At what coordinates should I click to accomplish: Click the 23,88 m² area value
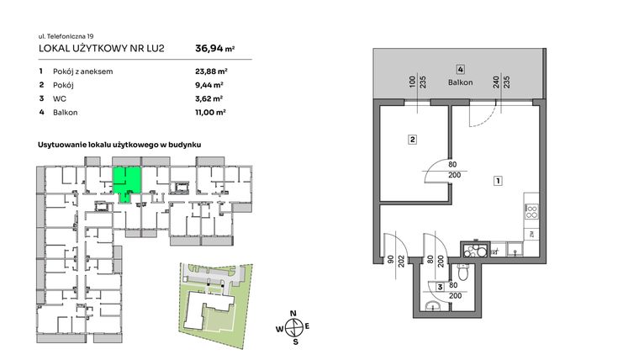[209, 71]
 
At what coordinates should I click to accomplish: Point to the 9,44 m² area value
[208, 85]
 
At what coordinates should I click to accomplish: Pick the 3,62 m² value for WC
[208, 98]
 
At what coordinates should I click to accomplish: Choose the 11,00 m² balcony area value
[209, 111]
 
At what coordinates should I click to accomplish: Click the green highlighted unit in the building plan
[127, 180]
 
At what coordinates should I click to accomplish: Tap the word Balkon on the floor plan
[461, 82]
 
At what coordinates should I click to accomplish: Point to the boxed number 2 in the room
[413, 140]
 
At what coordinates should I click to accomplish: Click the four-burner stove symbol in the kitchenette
[531, 213]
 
